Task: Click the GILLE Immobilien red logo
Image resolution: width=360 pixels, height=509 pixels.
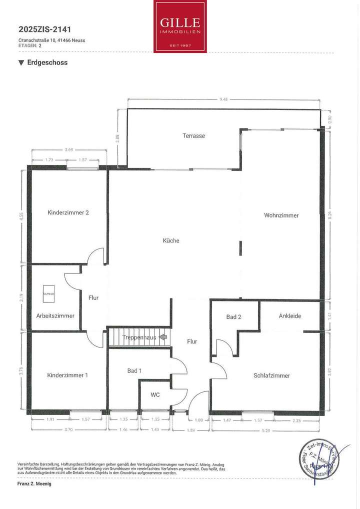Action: [180, 26]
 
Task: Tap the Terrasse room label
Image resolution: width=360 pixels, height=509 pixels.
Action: [193, 135]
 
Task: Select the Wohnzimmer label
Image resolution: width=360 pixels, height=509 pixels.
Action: [281, 215]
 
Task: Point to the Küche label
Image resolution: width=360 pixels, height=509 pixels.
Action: [171, 240]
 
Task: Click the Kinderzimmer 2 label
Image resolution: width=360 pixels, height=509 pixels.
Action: [68, 212]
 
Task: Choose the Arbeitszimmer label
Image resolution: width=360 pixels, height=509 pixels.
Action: [55, 315]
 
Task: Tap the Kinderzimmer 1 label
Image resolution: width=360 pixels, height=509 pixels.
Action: [68, 375]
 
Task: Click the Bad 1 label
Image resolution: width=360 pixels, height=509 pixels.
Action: [134, 370]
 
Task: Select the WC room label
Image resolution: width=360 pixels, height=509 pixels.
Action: [155, 394]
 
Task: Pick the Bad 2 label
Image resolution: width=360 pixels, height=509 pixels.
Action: [233, 317]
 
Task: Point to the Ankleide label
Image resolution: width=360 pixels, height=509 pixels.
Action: [290, 316]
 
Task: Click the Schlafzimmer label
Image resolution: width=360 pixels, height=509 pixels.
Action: [271, 375]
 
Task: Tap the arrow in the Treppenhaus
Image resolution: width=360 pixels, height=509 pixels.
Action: [162, 337]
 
